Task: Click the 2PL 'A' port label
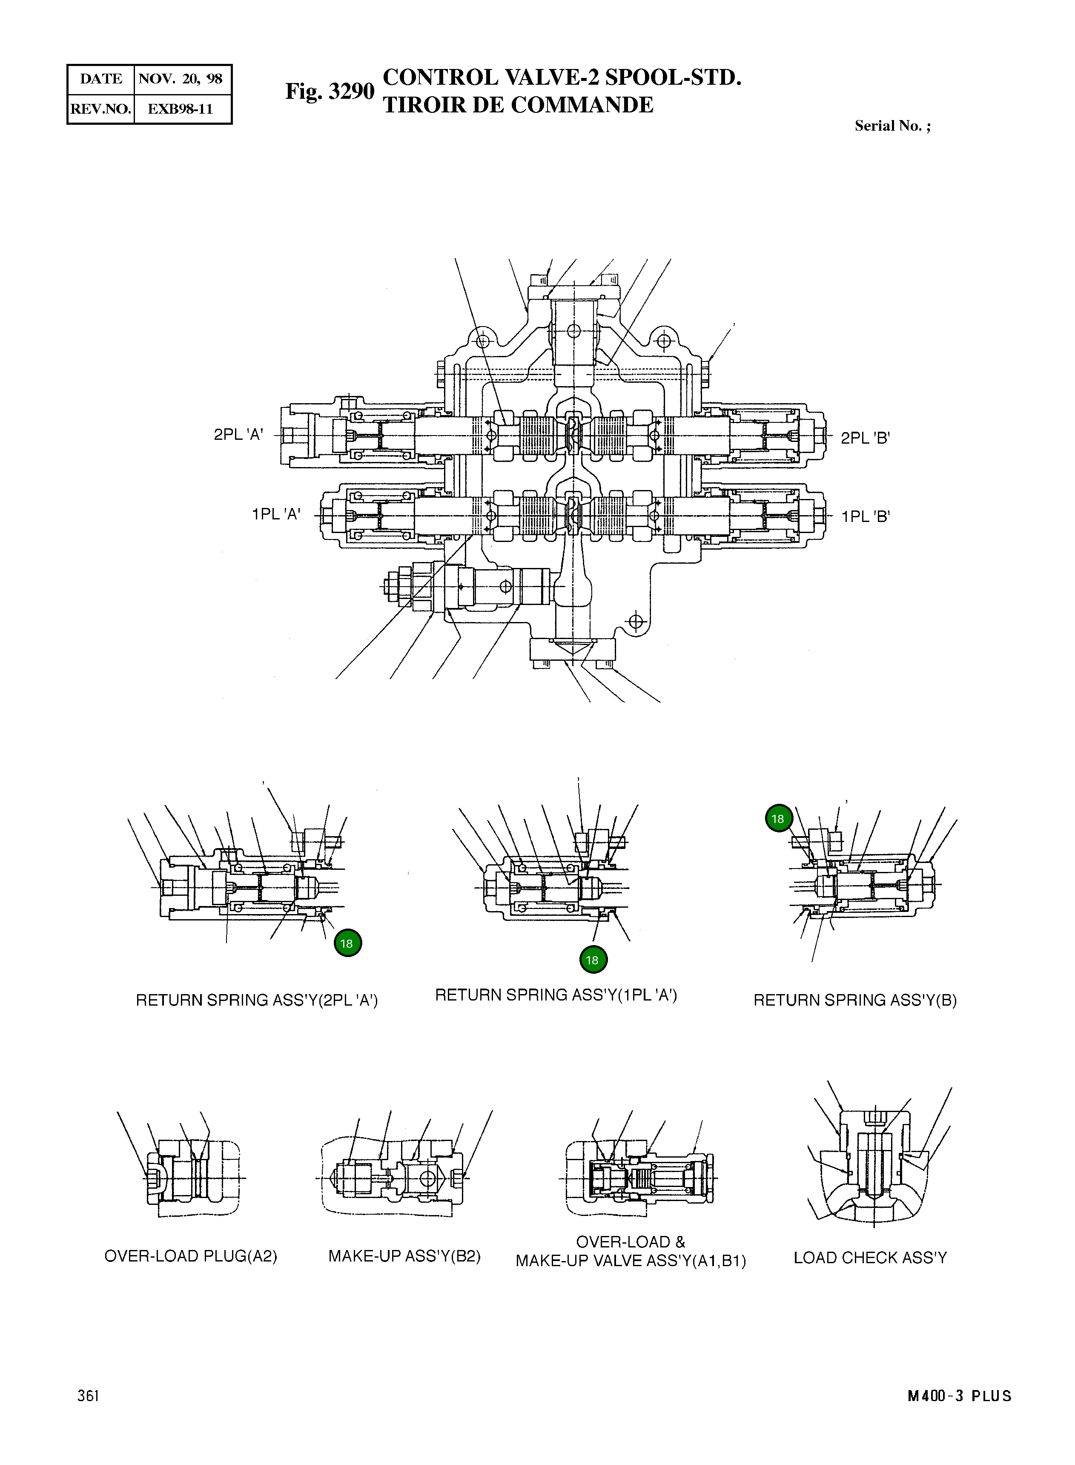pyautogui.click(x=238, y=435)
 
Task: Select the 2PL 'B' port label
pyautogui.click(x=865, y=438)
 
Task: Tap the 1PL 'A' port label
pyautogui.click(x=276, y=514)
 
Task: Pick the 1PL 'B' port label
pyautogui.click(x=865, y=517)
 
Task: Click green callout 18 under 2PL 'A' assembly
pyautogui.click(x=347, y=943)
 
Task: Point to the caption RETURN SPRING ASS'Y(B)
pyautogui.click(x=854, y=1000)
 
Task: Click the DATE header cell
pyautogui.click(x=101, y=79)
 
